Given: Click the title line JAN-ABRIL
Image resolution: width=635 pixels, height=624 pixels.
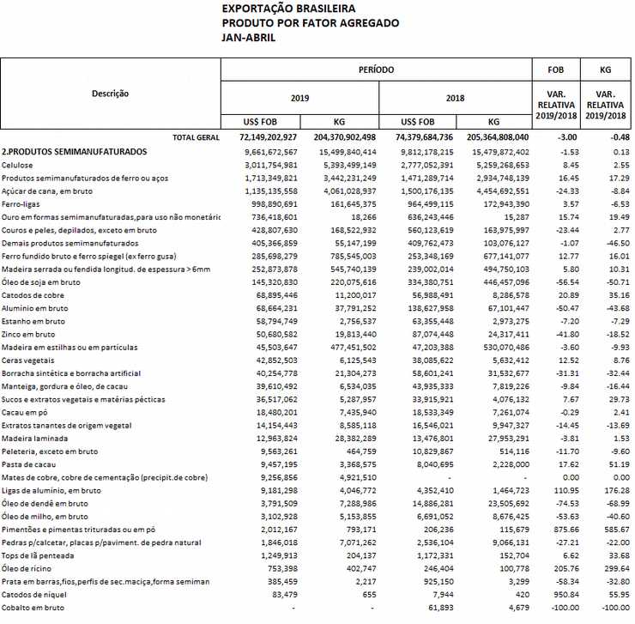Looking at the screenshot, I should [248, 37].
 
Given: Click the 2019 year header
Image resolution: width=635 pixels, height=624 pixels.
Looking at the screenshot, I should [299, 98].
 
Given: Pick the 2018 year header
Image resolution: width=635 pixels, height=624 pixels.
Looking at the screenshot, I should [455, 98].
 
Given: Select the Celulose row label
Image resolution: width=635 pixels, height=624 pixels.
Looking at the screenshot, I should [17, 164].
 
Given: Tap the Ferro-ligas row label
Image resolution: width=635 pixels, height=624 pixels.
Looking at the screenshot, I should [21, 203].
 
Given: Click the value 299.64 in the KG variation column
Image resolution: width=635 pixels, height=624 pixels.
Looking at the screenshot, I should [607, 568].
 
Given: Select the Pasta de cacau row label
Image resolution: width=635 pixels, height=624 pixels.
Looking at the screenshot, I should [28, 464].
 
